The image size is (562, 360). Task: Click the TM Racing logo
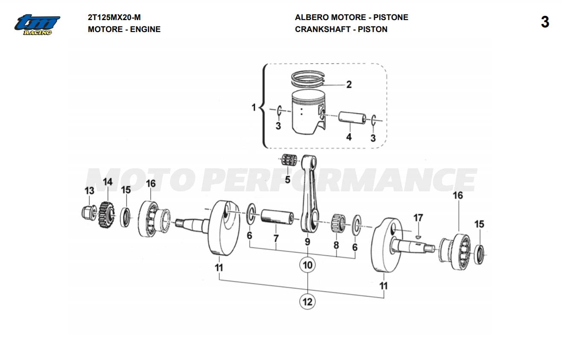(x=37, y=25)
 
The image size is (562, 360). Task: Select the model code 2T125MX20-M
(x=114, y=18)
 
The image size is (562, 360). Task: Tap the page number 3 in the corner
(x=545, y=22)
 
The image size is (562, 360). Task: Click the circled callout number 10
(x=307, y=265)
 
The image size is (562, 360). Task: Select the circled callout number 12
(x=307, y=301)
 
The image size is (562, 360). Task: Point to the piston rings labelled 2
(x=308, y=79)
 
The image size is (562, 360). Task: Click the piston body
(x=308, y=112)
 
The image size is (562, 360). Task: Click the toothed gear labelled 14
(x=107, y=215)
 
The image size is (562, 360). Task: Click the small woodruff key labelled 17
(x=418, y=236)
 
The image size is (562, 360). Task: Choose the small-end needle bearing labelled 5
(x=289, y=160)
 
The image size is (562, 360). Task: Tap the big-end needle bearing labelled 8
(x=338, y=223)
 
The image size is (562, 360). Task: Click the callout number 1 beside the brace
(x=254, y=107)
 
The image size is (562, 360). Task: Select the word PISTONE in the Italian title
(x=391, y=18)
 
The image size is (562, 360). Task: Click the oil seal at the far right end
(x=480, y=255)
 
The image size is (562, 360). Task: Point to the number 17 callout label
(x=418, y=218)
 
